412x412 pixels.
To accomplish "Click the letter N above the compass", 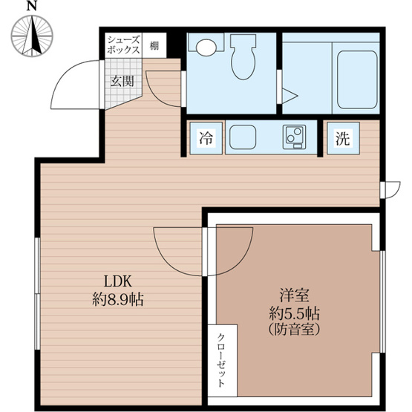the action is pyautogui.click(x=31, y=6).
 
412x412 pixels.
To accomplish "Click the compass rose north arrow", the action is pyautogui.click(x=32, y=36).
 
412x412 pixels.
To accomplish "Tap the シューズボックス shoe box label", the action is pyautogui.click(x=123, y=45).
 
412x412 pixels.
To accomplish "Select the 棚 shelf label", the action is pyautogui.click(x=154, y=46).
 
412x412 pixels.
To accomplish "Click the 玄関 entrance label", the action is pyautogui.click(x=122, y=81).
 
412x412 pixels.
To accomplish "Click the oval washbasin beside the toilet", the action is pyautogui.click(x=206, y=48).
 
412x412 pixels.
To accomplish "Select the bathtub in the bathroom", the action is pyautogui.click(x=357, y=79).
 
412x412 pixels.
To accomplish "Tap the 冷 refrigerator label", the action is pyautogui.click(x=206, y=137).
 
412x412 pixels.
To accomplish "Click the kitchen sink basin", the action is pyautogui.click(x=243, y=137).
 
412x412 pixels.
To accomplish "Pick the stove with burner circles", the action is pyautogui.click(x=294, y=137).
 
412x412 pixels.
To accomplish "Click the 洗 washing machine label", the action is pyautogui.click(x=343, y=138).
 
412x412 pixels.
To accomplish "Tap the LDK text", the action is pyautogui.click(x=118, y=281).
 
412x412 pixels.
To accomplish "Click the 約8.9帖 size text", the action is pyautogui.click(x=118, y=300).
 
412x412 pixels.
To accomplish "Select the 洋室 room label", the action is pyautogui.click(x=294, y=295).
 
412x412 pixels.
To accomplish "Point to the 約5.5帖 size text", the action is pyautogui.click(x=294, y=313).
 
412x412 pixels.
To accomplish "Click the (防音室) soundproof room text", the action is pyautogui.click(x=294, y=330).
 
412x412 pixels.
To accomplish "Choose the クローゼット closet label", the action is pyautogui.click(x=221, y=360).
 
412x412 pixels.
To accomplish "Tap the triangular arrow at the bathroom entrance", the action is pyautogui.click(x=290, y=96).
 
